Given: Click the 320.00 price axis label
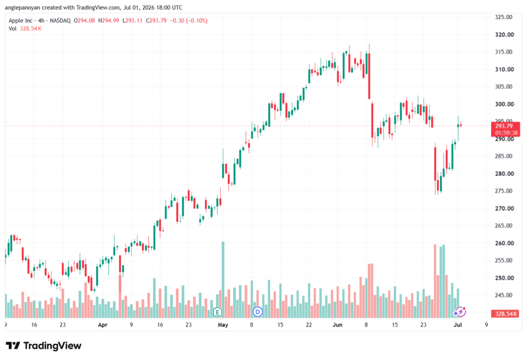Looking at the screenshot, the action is [504, 35].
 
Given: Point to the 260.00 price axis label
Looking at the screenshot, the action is [504, 243].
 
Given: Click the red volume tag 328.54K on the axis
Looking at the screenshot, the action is [505, 314].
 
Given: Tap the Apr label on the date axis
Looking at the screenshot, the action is [102, 324].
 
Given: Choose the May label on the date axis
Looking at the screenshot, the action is [223, 324].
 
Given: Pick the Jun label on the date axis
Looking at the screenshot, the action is [337, 324].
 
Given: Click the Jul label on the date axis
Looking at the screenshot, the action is [458, 324].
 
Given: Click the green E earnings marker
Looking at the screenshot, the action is [218, 312].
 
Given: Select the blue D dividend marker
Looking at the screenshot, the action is [257, 312].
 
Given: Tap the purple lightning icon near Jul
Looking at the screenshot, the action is [460, 312].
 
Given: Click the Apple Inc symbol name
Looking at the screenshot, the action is [21, 21].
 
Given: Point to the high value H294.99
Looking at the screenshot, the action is [109, 21].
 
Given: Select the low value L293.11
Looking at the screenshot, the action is [132, 21].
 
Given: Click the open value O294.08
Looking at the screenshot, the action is [84, 21].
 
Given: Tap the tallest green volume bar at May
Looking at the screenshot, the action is [223, 280].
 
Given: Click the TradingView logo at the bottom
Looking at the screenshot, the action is [44, 346].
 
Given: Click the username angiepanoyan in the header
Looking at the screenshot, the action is [23, 7].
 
